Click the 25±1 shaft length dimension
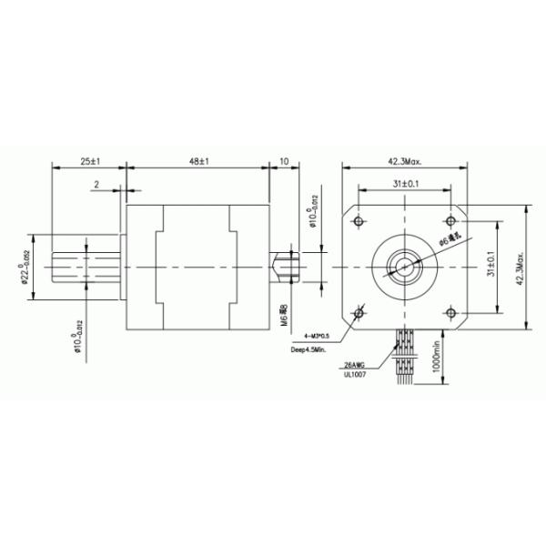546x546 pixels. [89, 161]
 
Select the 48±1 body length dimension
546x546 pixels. [199, 161]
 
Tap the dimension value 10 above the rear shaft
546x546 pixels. [284, 161]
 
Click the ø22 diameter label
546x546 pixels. [25, 267]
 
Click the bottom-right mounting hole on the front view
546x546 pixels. [452, 313]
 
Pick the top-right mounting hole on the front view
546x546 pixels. [452, 222]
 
